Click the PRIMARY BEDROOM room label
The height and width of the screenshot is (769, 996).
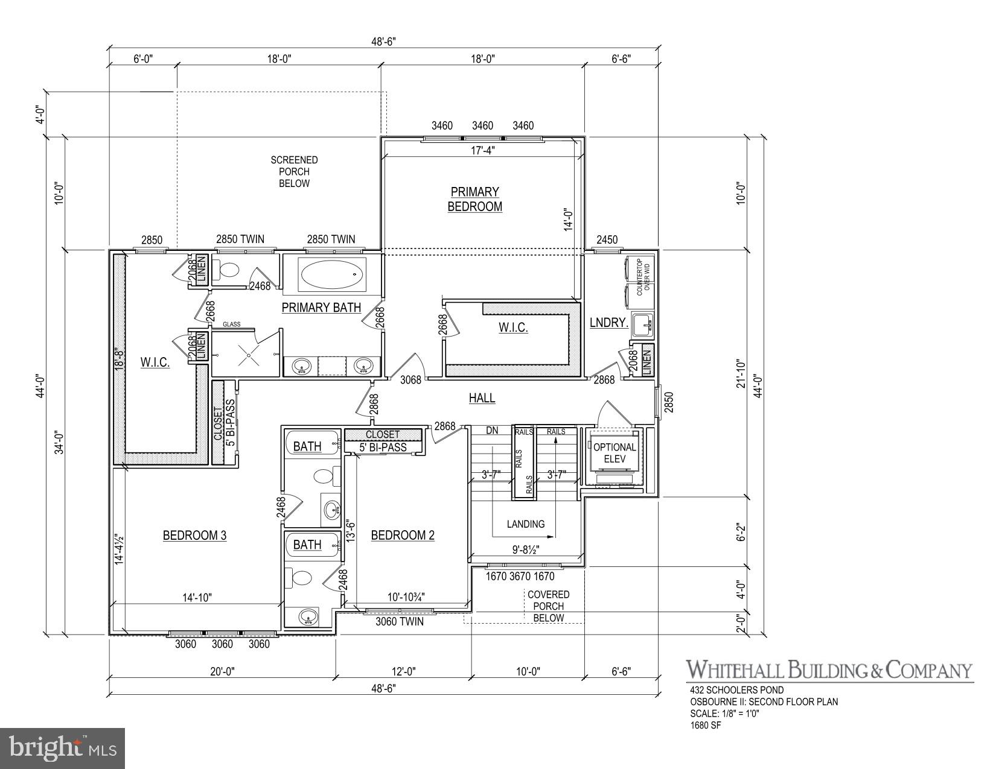(x=474, y=199)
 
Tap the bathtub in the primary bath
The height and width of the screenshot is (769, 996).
(x=333, y=274)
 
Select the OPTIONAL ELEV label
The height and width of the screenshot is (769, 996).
(x=615, y=453)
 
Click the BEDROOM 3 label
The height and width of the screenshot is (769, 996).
(x=194, y=536)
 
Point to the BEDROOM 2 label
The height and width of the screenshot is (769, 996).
(x=403, y=536)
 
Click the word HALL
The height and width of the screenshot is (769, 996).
(x=482, y=398)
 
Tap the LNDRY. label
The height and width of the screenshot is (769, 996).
(x=608, y=323)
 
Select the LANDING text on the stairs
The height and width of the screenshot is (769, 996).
(x=525, y=524)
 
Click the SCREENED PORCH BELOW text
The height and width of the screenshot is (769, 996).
(x=294, y=172)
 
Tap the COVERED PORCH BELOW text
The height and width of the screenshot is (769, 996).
(x=548, y=606)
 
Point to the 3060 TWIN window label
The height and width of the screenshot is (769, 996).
(x=399, y=621)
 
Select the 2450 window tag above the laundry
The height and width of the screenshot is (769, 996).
(x=607, y=239)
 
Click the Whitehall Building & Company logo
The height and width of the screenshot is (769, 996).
(x=829, y=670)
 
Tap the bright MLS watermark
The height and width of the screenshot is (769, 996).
(x=63, y=748)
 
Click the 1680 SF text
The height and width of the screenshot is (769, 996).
(x=706, y=725)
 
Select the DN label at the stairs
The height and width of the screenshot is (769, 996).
(x=492, y=431)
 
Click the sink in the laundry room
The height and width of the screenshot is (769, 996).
(x=642, y=323)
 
